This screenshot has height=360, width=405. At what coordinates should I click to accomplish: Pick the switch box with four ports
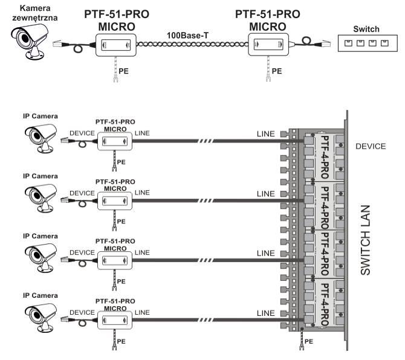367,43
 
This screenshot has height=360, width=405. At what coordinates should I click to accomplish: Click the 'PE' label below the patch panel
309,342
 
